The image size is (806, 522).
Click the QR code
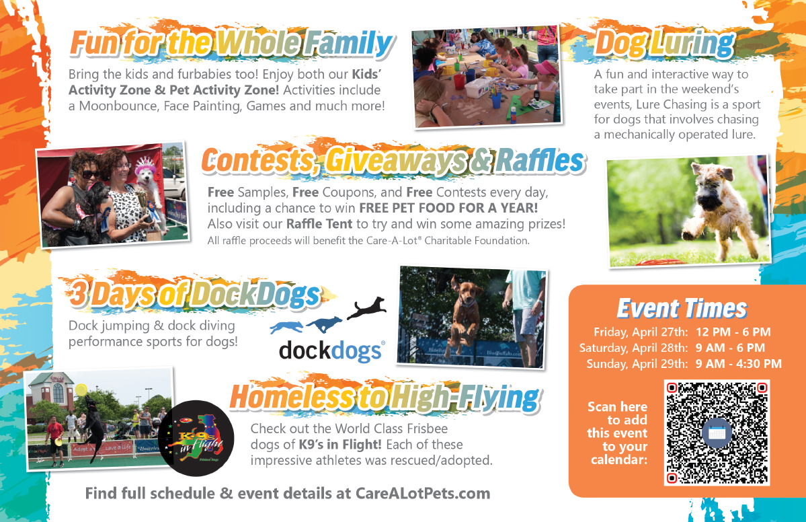717,433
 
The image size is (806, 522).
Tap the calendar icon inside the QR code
717,433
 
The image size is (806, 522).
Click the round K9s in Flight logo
196,438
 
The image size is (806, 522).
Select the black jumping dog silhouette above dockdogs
366,307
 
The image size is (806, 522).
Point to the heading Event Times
682,309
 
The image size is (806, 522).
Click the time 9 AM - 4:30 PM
739,364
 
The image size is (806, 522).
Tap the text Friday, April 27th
640,332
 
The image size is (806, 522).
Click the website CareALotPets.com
423,493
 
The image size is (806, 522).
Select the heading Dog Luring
665,43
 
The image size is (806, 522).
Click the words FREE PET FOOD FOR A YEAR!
448,208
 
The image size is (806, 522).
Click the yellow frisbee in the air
81,390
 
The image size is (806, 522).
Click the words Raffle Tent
319,224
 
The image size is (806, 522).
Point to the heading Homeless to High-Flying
385,398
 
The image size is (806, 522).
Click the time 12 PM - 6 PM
733,332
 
